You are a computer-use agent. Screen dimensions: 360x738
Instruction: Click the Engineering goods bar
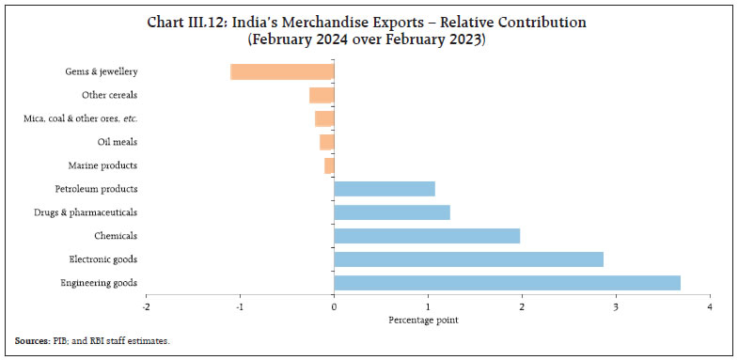click(x=507, y=283)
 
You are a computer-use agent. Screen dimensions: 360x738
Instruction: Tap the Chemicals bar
click(x=427, y=236)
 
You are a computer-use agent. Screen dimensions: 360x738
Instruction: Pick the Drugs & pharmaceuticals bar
click(x=392, y=212)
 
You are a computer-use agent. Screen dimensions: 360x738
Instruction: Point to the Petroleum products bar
click(x=385, y=189)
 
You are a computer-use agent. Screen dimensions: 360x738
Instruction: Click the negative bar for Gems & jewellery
click(x=282, y=71)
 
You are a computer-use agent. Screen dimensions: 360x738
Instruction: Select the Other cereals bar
click(x=322, y=95)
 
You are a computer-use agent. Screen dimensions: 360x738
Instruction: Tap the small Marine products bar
click(x=329, y=165)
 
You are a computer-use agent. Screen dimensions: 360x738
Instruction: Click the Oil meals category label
click(x=118, y=142)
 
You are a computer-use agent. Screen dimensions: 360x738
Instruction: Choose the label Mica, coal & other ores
click(x=80, y=118)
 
